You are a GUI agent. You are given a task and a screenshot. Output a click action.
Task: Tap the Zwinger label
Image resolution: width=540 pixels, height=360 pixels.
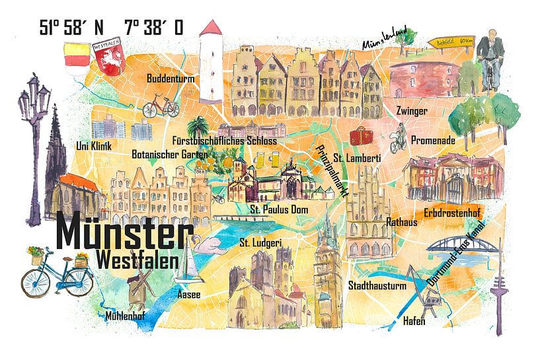tap(411, 111)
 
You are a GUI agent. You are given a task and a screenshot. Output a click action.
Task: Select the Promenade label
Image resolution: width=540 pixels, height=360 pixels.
tap(433, 140)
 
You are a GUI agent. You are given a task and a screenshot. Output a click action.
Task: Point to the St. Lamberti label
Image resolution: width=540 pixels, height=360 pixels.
tap(356, 158)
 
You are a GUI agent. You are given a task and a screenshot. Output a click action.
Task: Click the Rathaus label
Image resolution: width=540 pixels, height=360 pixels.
tap(401, 223)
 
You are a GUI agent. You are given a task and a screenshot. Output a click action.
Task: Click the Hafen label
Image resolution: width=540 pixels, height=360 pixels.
tap(414, 322)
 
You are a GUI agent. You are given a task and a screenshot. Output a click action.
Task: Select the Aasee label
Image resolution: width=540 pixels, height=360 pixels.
tap(188, 295)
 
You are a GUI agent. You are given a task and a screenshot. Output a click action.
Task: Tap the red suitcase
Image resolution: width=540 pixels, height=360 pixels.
tap(361, 137)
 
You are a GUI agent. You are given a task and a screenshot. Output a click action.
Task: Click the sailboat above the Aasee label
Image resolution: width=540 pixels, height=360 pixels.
tap(188, 261)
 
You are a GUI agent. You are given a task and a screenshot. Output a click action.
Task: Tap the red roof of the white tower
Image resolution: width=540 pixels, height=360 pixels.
tap(212, 29)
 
